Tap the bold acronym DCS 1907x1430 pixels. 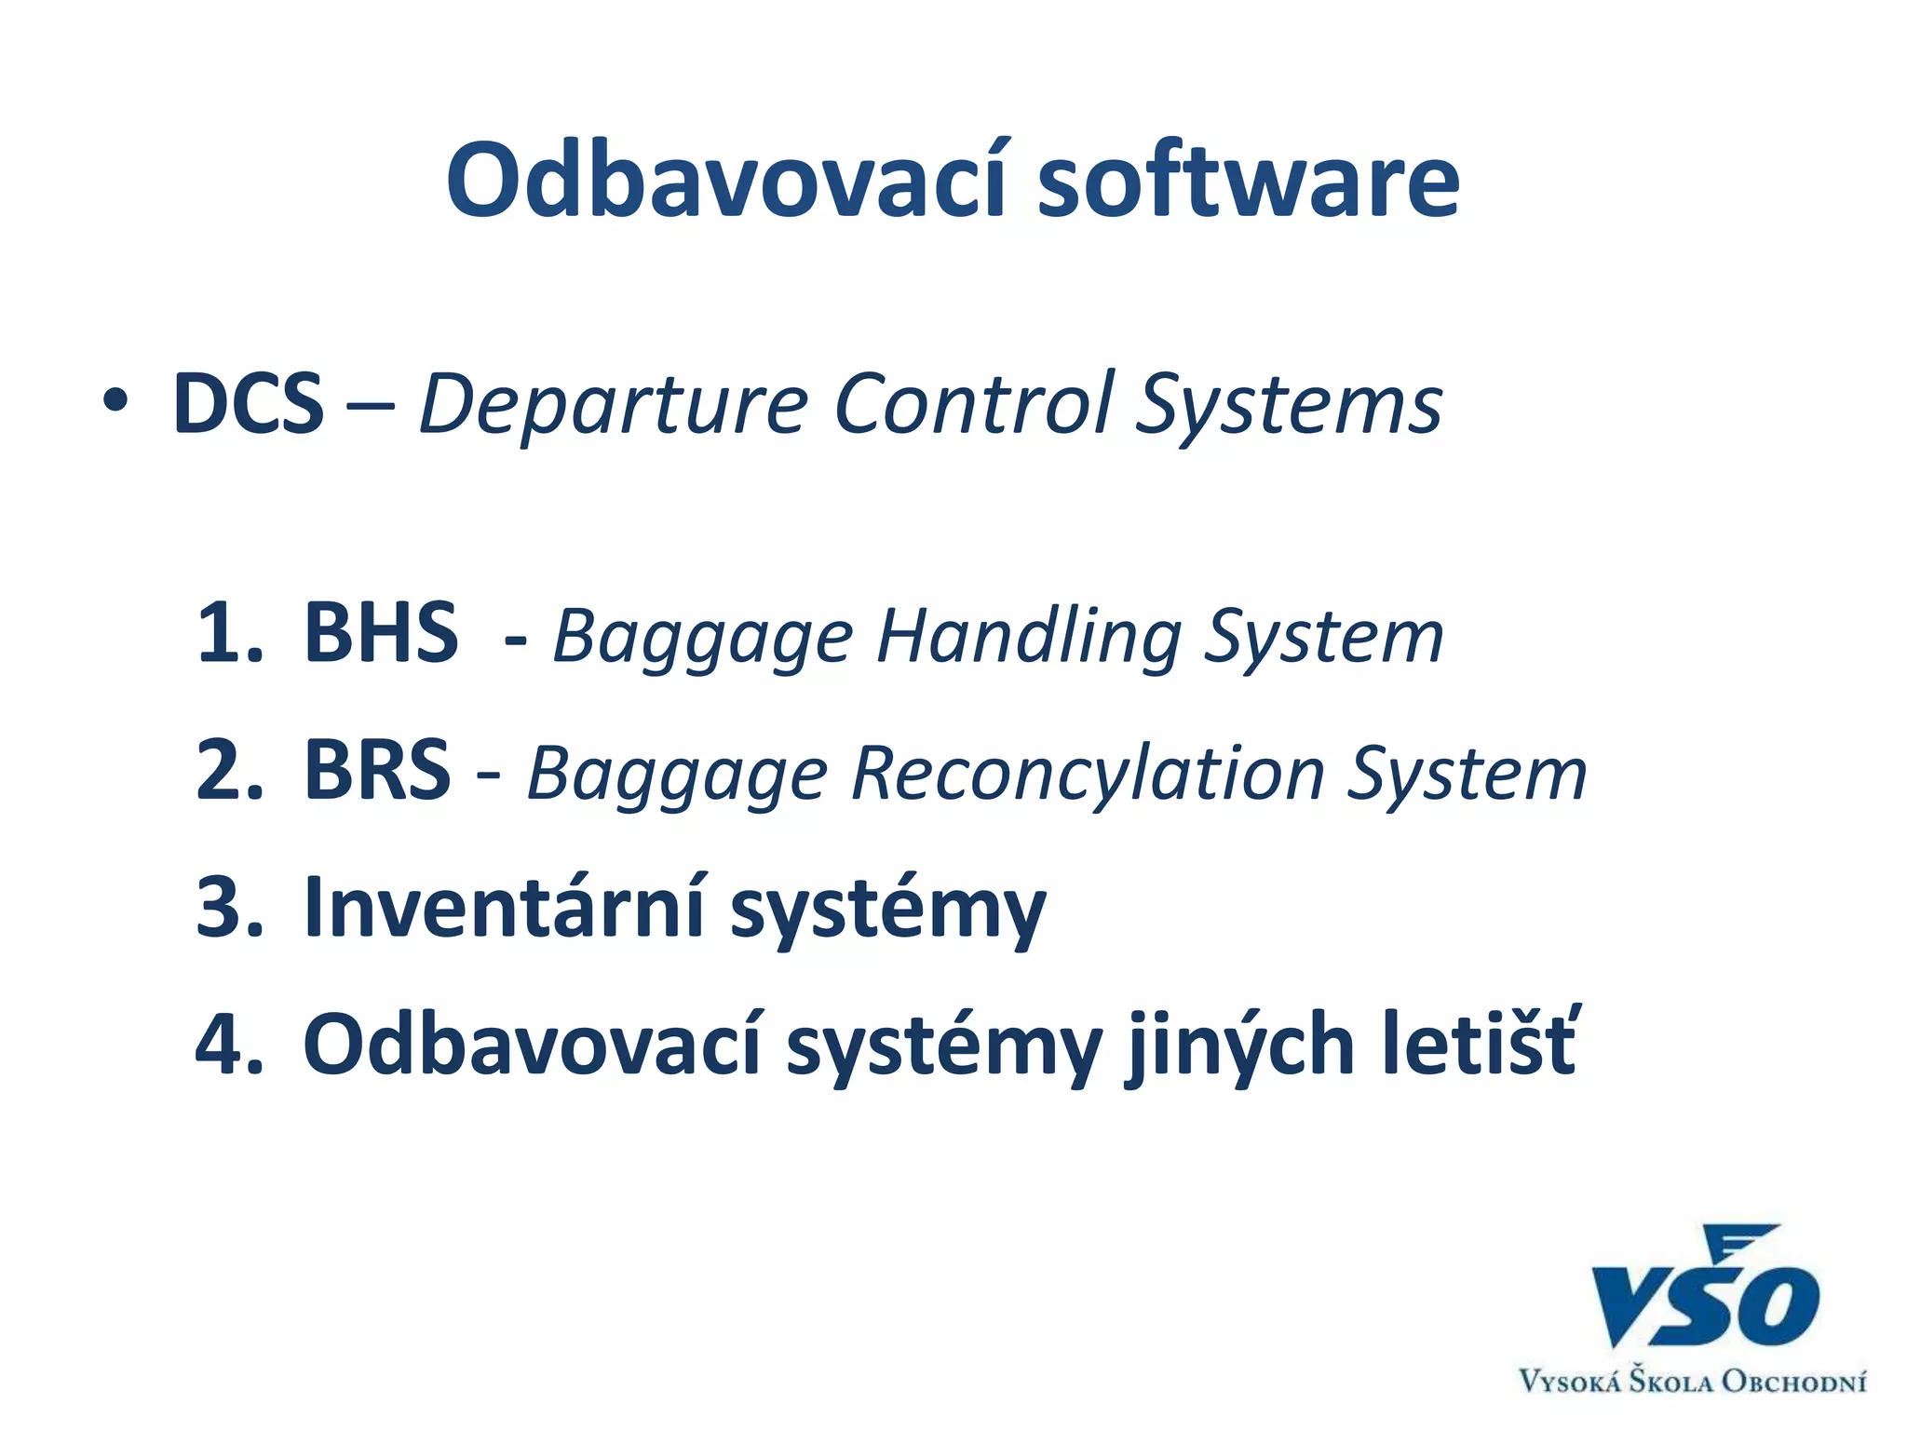[x=249, y=404]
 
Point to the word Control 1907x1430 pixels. [x=973, y=404]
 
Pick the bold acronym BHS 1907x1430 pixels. [x=381, y=634]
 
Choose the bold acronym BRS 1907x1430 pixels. [x=377, y=771]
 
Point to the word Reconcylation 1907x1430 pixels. [x=1088, y=775]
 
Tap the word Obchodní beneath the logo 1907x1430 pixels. [x=1792, y=1381]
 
